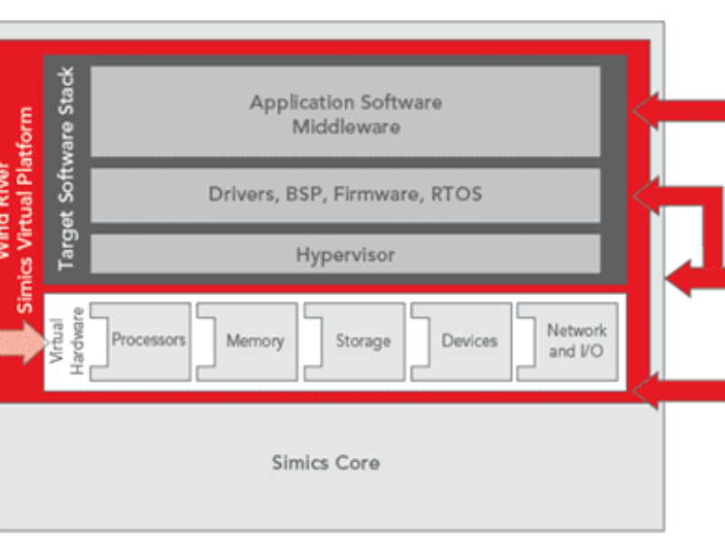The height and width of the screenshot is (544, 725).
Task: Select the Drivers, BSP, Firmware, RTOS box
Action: click(345, 194)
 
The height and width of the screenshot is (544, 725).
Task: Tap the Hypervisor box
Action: click(345, 255)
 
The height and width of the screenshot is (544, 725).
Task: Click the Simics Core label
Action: click(325, 462)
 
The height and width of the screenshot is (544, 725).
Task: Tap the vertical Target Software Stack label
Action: click(66, 168)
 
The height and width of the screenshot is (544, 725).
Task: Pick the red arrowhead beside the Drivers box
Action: click(647, 193)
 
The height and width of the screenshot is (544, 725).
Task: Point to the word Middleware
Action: click(345, 126)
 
